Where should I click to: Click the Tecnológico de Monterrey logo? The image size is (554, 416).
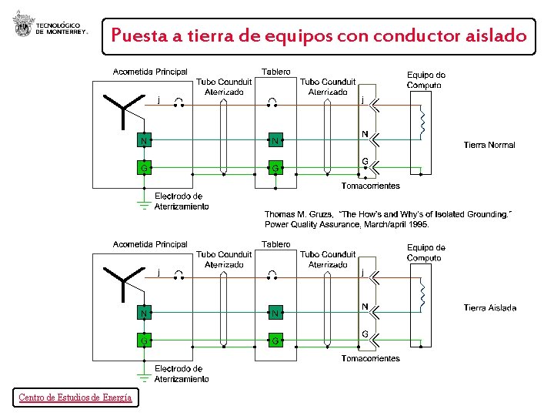(50, 29)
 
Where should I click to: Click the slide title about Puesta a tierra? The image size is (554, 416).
(319, 35)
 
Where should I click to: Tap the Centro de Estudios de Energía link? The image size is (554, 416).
(75, 398)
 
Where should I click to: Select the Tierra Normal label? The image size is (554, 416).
(489, 145)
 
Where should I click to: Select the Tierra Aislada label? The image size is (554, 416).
(490, 308)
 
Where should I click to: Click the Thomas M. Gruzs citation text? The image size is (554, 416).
(388, 219)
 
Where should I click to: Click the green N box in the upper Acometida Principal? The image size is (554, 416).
(143, 140)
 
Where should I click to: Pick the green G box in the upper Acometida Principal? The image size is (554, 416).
(143, 167)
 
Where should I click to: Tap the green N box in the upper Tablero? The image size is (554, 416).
(275, 140)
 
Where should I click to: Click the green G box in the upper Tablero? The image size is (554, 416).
(275, 167)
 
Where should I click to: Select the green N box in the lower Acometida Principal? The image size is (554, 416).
(143, 313)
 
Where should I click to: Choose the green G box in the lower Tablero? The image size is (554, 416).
(275, 340)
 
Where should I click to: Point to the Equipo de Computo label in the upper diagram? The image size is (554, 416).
(426, 79)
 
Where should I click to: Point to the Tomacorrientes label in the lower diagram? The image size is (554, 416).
(371, 358)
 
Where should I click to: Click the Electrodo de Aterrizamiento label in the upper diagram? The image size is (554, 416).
(181, 201)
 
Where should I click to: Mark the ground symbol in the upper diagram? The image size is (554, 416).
(143, 203)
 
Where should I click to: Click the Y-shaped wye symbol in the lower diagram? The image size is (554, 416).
(124, 280)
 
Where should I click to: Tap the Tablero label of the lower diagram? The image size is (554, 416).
(276, 244)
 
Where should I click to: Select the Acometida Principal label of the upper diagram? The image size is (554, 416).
(150, 72)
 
